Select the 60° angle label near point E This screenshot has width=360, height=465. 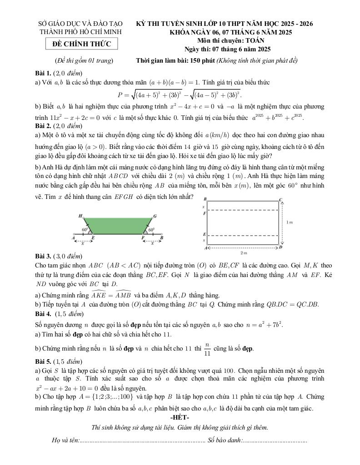click(85, 230)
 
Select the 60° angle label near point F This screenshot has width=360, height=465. click(151, 230)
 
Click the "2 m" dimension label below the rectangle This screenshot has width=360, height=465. click(243, 253)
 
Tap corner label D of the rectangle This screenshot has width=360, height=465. click(280, 247)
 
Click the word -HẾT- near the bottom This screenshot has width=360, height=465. click(180, 417)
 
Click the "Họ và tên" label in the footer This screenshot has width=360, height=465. click(65, 440)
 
